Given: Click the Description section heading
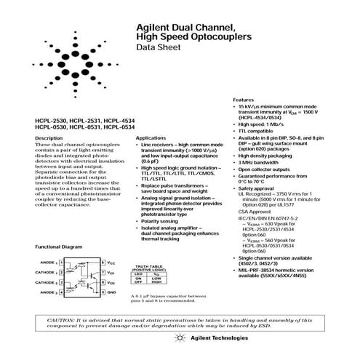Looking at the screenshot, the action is tap(48, 137).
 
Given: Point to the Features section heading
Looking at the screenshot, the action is tap(244, 99).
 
